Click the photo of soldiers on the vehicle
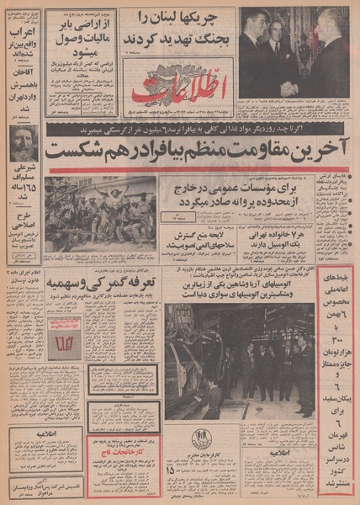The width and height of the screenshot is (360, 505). (x=100, y=215)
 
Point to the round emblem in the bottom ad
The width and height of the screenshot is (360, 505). (x=201, y=438)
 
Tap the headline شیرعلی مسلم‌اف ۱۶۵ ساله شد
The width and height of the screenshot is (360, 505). (x=21, y=202)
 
